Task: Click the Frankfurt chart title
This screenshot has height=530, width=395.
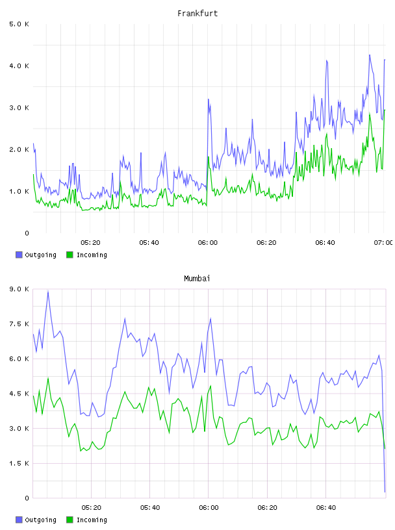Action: tap(197, 14)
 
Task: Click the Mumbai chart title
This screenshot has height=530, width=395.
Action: tap(197, 279)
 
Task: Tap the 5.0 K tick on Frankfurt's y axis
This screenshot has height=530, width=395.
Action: tap(19, 24)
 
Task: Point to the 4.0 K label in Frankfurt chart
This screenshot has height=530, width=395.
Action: tap(19, 66)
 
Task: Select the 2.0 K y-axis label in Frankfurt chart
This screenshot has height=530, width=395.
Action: tap(19, 150)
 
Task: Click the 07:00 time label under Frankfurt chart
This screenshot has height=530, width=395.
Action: tap(383, 243)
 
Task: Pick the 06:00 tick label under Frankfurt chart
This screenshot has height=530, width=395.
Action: tap(208, 243)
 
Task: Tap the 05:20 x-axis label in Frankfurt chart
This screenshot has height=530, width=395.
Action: tap(91, 243)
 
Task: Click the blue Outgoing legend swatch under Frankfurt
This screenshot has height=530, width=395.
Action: tap(19, 255)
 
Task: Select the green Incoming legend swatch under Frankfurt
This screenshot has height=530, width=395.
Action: tap(70, 255)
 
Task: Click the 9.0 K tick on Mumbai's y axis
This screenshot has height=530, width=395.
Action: tap(19, 289)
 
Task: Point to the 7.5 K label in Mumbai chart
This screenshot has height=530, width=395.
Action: tap(19, 324)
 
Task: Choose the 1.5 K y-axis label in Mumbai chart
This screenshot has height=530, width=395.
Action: tap(19, 463)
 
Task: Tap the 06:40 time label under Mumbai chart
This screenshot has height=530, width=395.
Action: tap(326, 508)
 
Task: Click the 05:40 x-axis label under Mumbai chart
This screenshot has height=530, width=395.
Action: tap(150, 508)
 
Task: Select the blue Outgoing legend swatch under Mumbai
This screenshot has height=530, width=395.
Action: tap(19, 520)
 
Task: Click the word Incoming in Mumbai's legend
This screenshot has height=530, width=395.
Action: tap(92, 520)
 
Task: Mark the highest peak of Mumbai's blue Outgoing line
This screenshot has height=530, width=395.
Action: tap(48, 291)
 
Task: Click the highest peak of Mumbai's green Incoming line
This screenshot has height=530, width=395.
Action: tap(48, 378)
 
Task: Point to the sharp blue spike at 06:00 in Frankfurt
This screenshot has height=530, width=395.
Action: tap(209, 99)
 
